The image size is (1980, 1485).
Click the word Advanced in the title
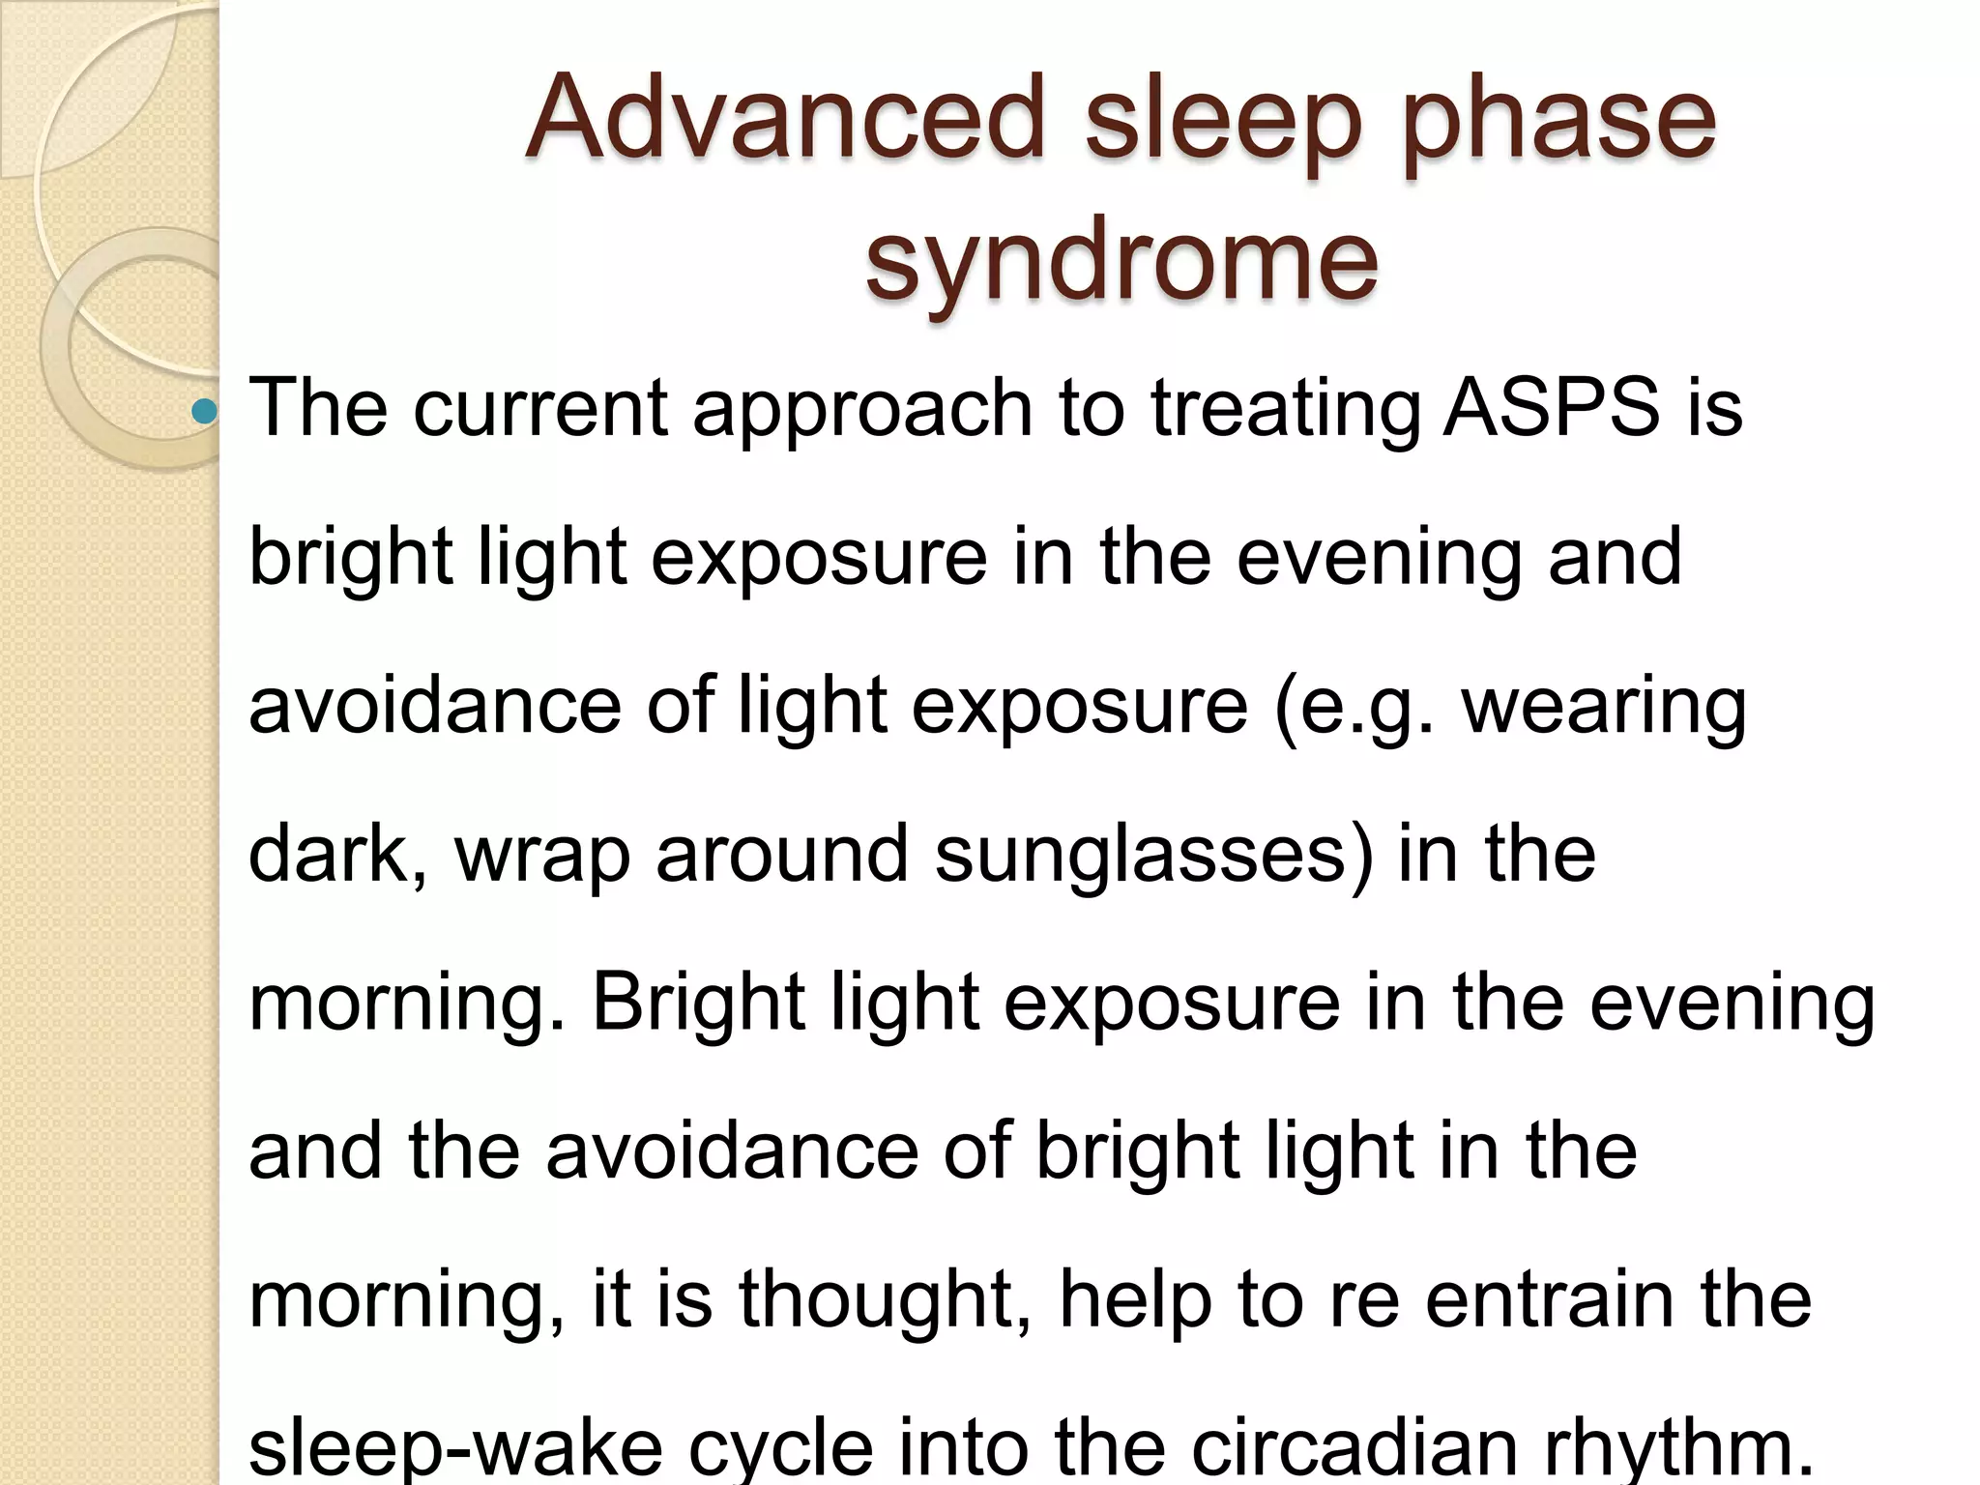click(785, 118)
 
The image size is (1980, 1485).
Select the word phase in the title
click(1558, 124)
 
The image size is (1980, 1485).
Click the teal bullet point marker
click(204, 413)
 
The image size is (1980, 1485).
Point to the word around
click(782, 854)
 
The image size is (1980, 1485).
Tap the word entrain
click(1550, 1298)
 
